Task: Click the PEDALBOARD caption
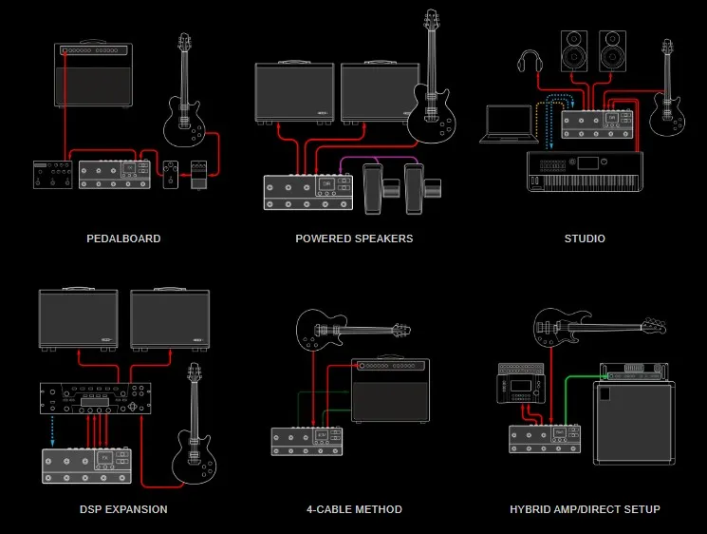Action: [123, 238]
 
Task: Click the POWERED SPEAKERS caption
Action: [354, 238]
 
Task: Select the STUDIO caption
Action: [584, 238]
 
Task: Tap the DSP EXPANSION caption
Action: [123, 509]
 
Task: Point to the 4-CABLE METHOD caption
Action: [354, 509]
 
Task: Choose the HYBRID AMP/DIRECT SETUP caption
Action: [585, 509]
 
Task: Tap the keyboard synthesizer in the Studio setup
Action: [585, 171]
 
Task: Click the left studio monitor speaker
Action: [574, 51]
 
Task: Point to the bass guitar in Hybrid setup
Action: [588, 328]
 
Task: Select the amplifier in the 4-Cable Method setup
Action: [390, 389]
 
